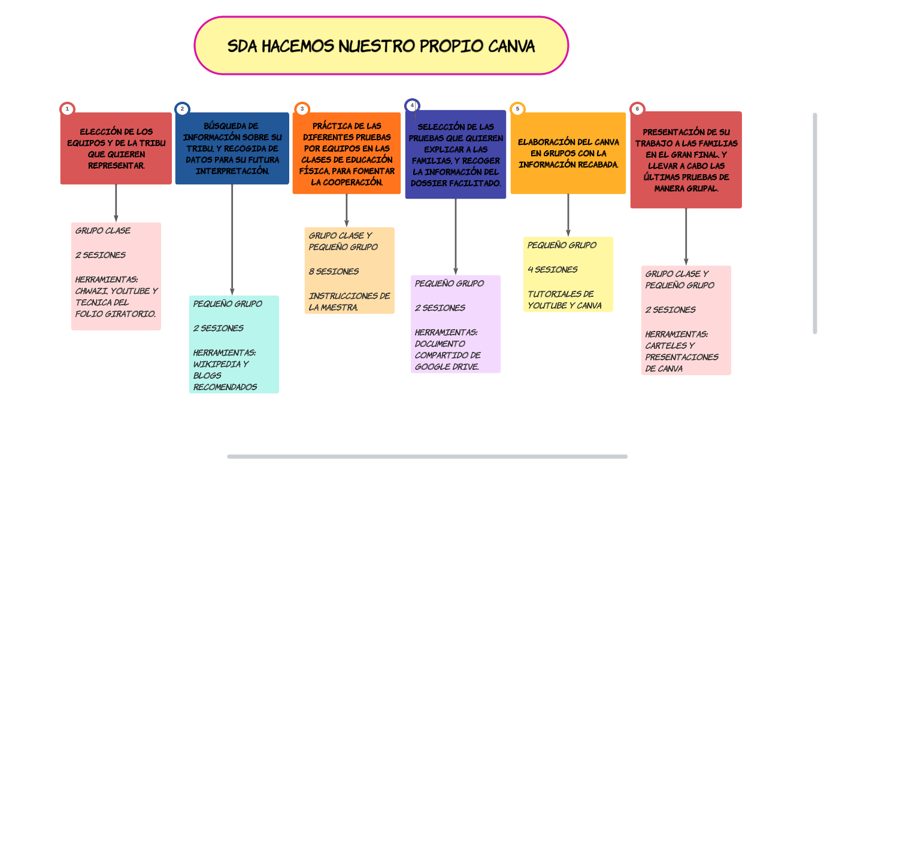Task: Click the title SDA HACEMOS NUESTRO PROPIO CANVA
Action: (x=381, y=46)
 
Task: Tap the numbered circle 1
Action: (x=67, y=109)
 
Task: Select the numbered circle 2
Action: (x=182, y=109)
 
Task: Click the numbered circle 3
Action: (x=302, y=109)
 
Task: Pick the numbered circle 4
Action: (x=412, y=106)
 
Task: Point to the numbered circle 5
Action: (x=517, y=109)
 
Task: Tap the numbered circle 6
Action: (x=637, y=109)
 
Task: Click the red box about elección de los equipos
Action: (x=116, y=148)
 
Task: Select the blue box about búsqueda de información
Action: (x=232, y=148)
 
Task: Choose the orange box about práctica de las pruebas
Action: (x=347, y=153)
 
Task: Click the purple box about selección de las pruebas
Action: (x=456, y=154)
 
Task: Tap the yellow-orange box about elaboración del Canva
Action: (x=568, y=153)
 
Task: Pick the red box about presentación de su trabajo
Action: (x=686, y=160)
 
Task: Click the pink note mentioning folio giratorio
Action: (x=116, y=276)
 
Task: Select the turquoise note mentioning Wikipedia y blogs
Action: (x=234, y=345)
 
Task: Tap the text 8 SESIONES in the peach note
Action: (x=334, y=272)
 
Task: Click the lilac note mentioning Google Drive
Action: (x=456, y=324)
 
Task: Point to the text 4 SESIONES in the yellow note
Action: (x=553, y=270)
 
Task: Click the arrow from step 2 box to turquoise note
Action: (x=232, y=240)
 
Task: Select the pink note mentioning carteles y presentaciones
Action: (x=686, y=321)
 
